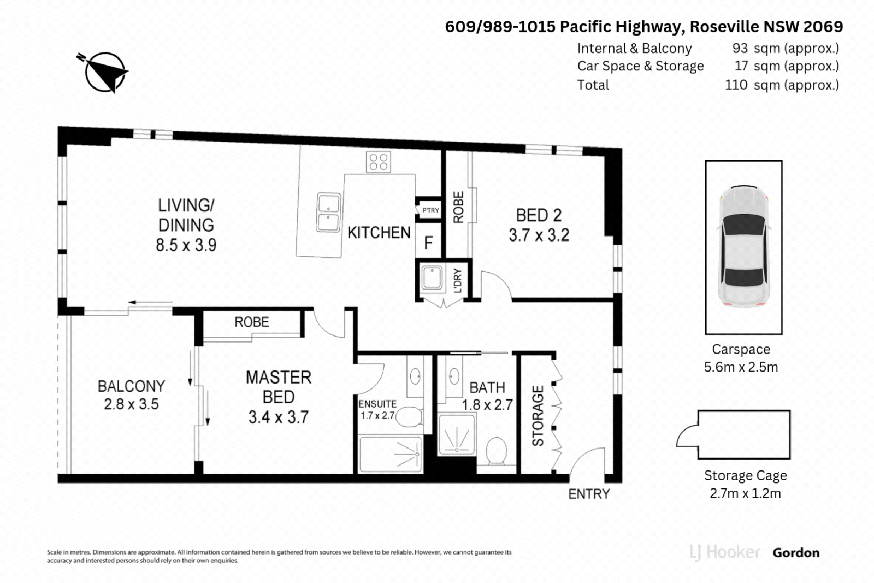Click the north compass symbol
pos(104,72)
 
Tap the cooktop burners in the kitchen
pos(379,162)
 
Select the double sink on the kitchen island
pos(328,212)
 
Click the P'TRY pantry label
pos(430,210)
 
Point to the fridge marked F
pos(428,242)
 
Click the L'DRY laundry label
pos(458,281)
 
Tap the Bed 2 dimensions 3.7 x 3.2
pos(539,235)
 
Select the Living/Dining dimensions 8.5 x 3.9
pos(186,245)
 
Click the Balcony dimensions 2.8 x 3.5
pos(131,404)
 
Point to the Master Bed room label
pos(279,387)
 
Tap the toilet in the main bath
pos(497,451)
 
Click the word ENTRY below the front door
pos(589,494)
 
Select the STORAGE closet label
pos(538,416)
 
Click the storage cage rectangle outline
pos(744,435)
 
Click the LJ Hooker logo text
pos(725,552)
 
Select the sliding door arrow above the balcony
pos(150,302)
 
